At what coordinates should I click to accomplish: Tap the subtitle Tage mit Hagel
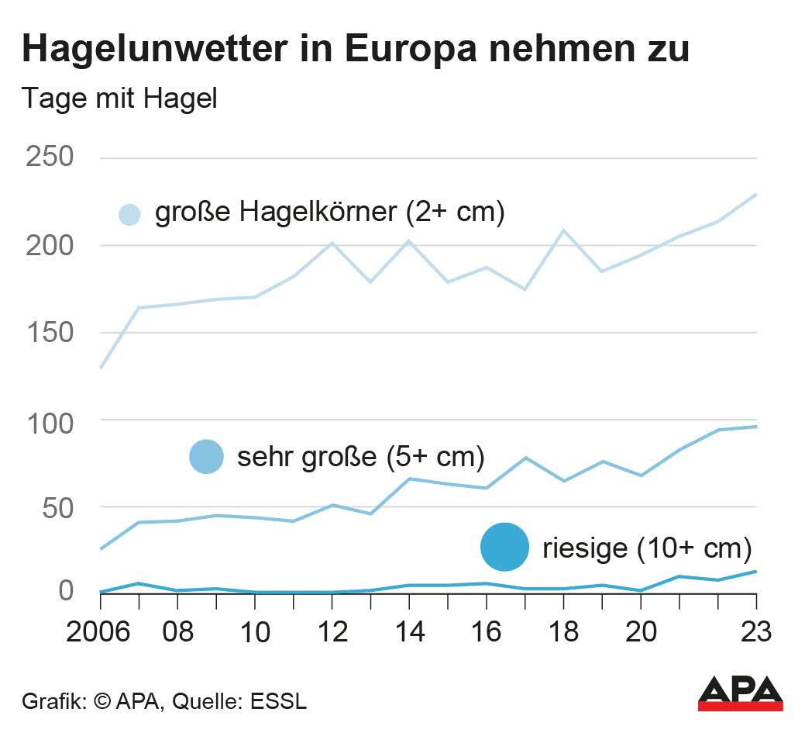[x=120, y=99]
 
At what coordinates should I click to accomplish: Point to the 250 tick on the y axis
[x=50, y=157]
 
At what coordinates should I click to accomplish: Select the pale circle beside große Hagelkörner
[x=129, y=214]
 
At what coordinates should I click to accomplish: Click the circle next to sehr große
[x=206, y=456]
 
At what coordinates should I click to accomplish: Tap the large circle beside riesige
[x=504, y=547]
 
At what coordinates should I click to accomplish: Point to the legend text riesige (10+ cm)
[x=647, y=548]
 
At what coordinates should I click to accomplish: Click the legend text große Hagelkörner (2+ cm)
[x=330, y=212]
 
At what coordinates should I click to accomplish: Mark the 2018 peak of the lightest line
[x=563, y=230]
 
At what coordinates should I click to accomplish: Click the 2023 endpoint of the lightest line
[x=755, y=195]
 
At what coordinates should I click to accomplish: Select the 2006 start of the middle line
[x=101, y=548]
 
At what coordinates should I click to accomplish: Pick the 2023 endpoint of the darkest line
[x=755, y=572]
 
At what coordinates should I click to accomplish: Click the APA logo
[x=740, y=693]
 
